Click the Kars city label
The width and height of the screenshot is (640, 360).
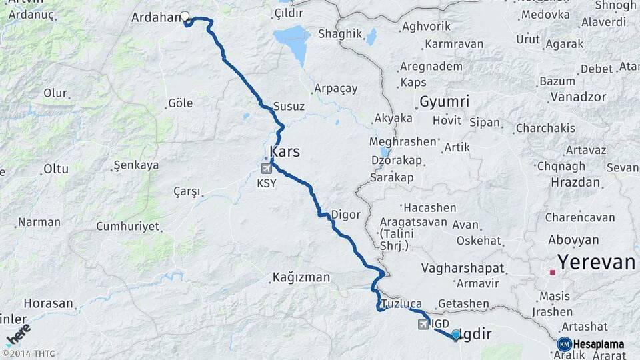285,152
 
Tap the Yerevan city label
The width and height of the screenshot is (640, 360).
596,262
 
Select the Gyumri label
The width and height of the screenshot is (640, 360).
444,102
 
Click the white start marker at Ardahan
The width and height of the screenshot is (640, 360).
185,17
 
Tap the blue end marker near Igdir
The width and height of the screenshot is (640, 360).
456,334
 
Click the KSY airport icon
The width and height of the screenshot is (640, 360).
267,169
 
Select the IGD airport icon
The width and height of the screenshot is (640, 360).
423,324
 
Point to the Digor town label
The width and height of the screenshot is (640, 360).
346,215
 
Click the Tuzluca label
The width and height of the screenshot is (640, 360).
401,303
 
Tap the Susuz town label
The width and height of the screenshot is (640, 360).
289,107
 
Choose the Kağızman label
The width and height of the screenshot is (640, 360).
301,277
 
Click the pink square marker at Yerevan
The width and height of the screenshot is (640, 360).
553,272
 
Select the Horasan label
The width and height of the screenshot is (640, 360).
47,303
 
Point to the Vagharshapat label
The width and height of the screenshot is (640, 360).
463,268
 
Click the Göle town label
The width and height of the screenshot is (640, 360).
180,103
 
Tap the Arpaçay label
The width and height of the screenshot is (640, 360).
335,89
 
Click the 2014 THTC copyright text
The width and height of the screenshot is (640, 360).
29,353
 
